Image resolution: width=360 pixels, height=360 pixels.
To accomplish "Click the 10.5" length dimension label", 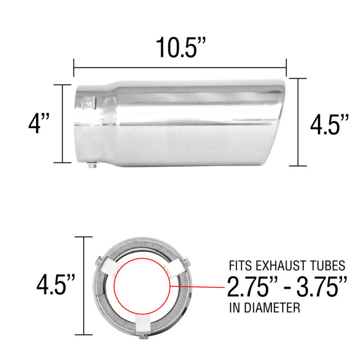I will pos(180,47).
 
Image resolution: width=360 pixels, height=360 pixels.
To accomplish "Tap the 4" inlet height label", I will pos(38,124).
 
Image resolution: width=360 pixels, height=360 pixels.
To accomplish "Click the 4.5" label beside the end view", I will pos(55,286).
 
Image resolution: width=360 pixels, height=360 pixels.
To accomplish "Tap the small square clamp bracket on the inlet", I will pos(89,103).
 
